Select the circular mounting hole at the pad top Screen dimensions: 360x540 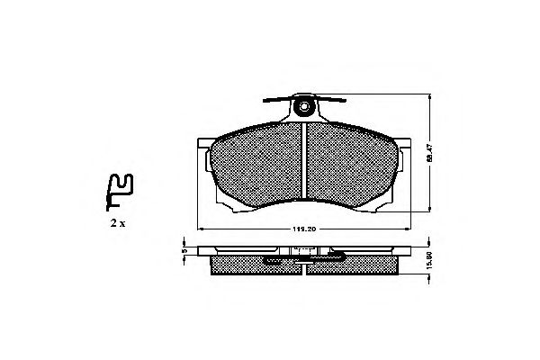(x=305, y=110)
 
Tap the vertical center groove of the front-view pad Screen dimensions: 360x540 (x=305, y=166)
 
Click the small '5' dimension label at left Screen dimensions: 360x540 (x=184, y=251)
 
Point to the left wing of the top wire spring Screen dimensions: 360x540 (x=274, y=100)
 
